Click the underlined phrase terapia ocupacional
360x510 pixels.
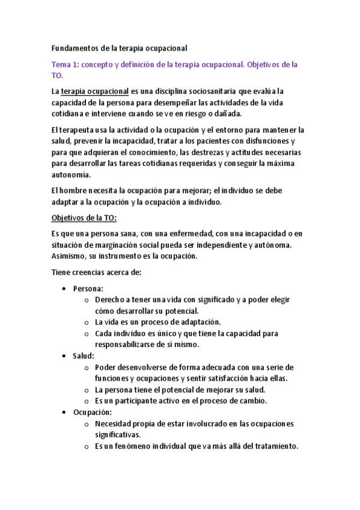pyautogui.click(x=95, y=91)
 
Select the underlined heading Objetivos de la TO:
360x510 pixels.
pyautogui.click(x=84, y=218)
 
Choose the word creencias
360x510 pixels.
pyautogui.click(x=94, y=272)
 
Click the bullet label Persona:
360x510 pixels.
pyautogui.click(x=88, y=289)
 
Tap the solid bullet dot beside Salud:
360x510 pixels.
pyautogui.click(x=64, y=356)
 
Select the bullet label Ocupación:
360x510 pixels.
pyautogui.click(x=93, y=412)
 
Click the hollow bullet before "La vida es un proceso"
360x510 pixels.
pyautogui.click(x=87, y=322)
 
